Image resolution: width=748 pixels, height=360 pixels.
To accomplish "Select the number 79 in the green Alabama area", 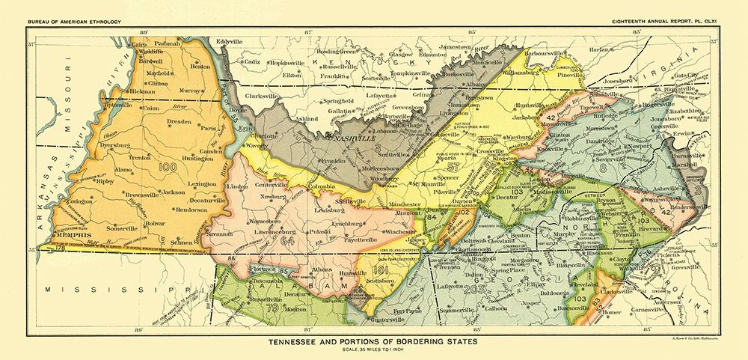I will [272, 307].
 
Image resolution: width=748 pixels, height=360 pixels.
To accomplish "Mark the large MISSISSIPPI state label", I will [105, 289].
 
